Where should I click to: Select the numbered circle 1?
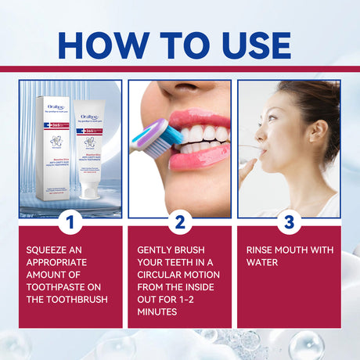click(x=71, y=221)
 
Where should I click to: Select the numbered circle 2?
click(x=179, y=221)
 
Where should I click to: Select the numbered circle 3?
click(x=288, y=221)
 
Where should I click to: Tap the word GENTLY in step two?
click(x=157, y=250)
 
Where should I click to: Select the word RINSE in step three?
click(x=262, y=250)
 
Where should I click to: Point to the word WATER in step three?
click(x=265, y=264)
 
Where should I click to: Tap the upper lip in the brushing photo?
click(x=198, y=119)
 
